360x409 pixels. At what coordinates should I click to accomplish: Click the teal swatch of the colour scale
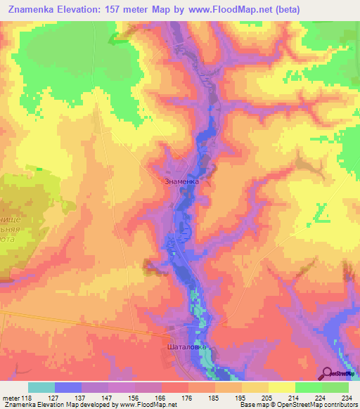pos(41,387)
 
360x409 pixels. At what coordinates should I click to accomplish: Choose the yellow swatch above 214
pos(282,387)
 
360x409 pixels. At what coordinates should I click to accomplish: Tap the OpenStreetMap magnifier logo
pos(328,373)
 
